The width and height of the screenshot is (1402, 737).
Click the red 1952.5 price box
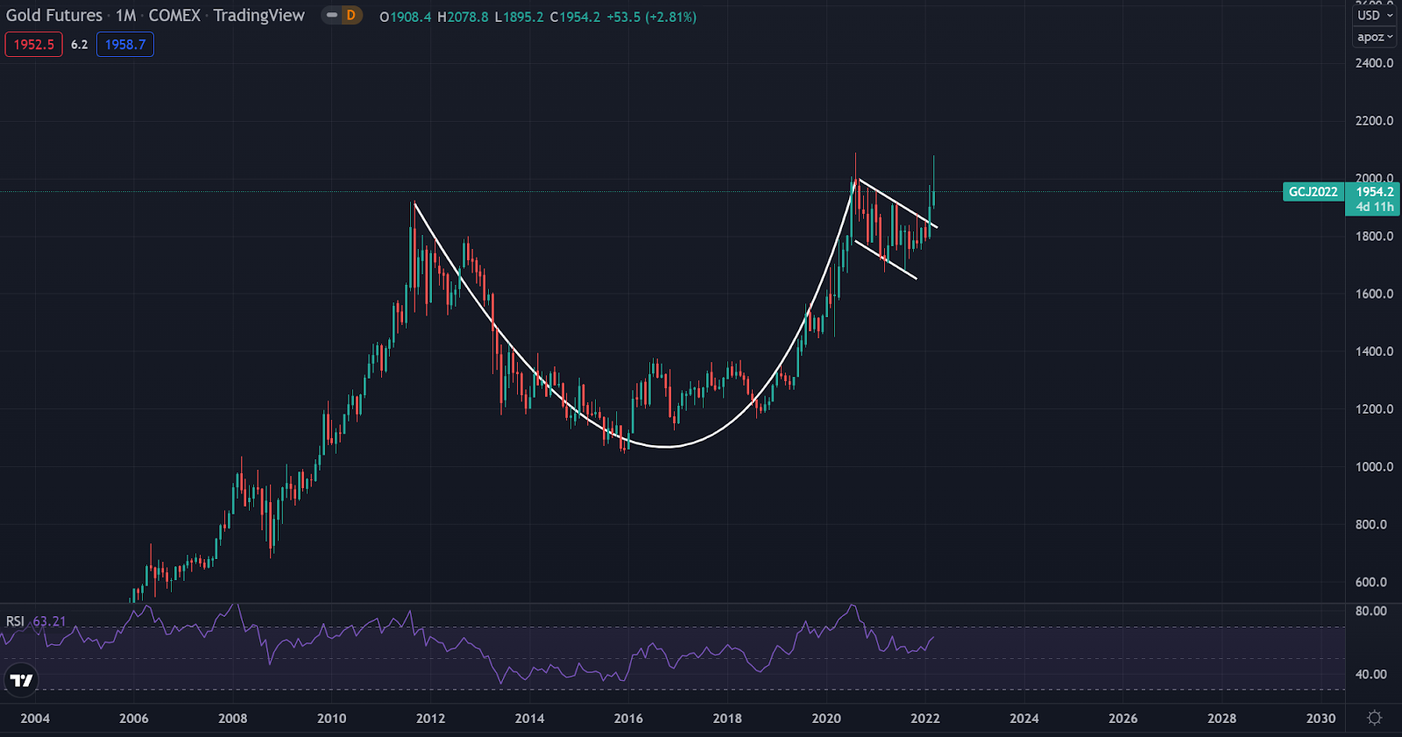tap(33, 45)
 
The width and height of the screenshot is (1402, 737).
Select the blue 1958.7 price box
tap(125, 45)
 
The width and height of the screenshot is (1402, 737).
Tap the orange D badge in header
tap(350, 15)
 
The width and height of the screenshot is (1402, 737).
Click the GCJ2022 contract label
tap(1313, 192)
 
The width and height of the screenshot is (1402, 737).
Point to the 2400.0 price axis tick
tap(1374, 63)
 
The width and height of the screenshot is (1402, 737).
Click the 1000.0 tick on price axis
tap(1374, 467)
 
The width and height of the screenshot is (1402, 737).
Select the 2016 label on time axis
tap(628, 719)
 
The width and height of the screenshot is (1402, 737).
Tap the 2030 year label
tap(1321, 719)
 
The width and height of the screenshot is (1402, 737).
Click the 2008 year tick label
tap(232, 719)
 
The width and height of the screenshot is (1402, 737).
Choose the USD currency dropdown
tap(1373, 15)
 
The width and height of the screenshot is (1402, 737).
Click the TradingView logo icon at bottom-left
tap(21, 680)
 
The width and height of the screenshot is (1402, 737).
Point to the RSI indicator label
tap(15, 621)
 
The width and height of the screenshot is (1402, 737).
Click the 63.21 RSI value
tap(50, 621)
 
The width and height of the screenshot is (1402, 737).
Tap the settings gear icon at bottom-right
tap(1374, 718)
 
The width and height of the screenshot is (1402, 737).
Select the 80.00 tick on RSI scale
tap(1371, 611)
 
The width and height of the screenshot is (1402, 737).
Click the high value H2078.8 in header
tap(463, 17)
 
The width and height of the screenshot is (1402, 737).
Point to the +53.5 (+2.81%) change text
tap(651, 17)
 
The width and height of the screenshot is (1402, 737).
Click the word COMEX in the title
tap(174, 15)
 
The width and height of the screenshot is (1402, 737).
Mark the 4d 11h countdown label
tap(1374, 207)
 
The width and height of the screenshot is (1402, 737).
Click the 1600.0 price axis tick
tap(1374, 294)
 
